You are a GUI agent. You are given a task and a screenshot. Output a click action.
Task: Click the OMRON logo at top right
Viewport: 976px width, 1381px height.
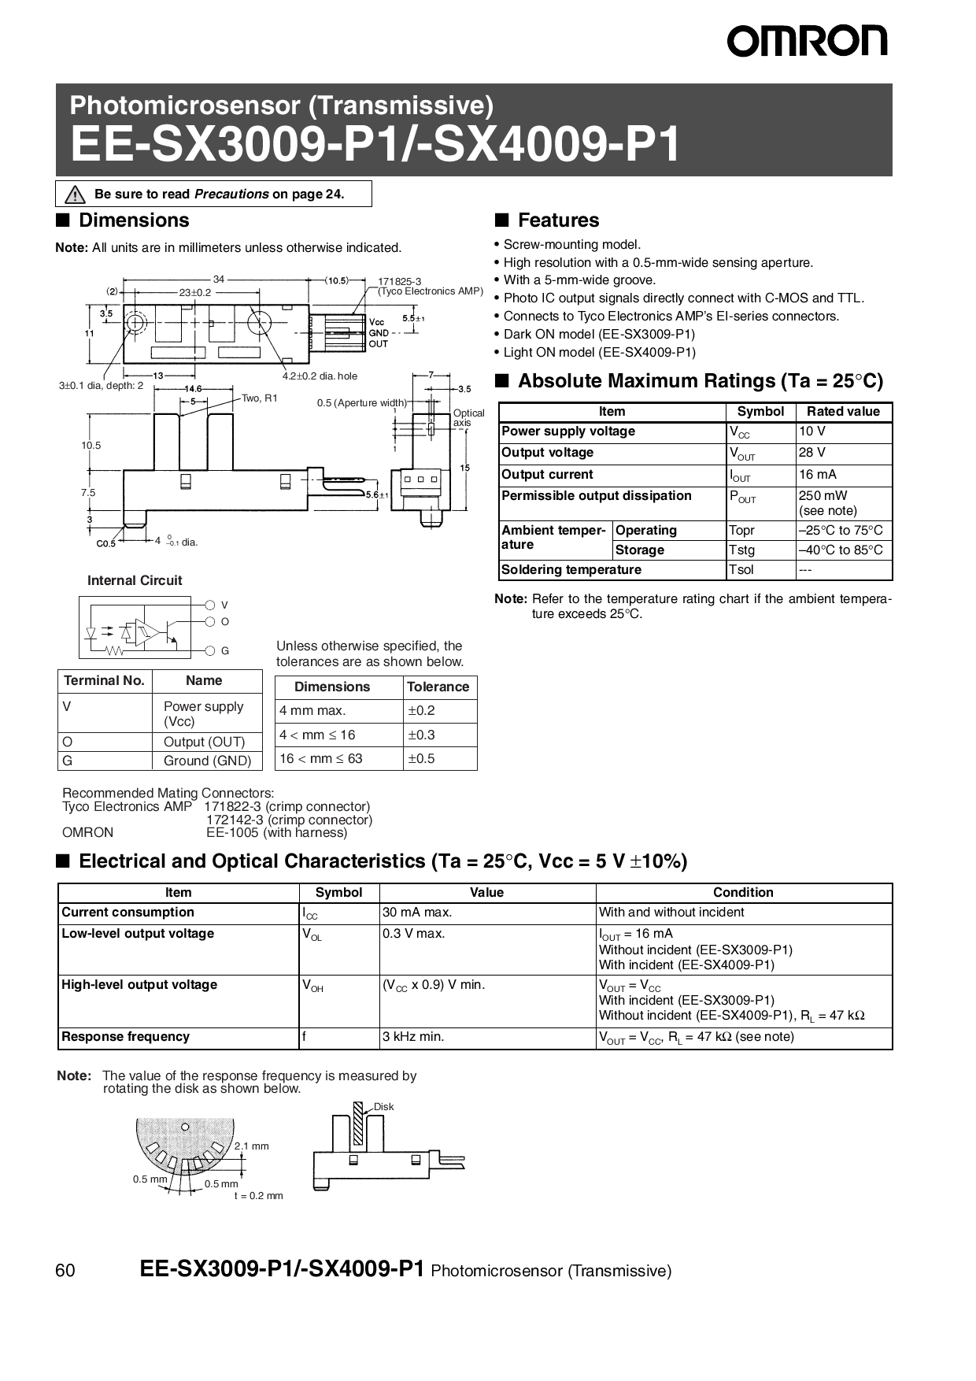(807, 40)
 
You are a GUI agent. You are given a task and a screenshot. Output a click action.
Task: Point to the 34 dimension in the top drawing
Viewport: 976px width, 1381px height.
(218, 279)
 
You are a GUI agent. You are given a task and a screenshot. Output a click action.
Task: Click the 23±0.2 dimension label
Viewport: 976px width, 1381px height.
(195, 292)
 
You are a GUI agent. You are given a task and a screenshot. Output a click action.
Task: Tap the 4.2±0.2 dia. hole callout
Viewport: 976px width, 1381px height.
(320, 376)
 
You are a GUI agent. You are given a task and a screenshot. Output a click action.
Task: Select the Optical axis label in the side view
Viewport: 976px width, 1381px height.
(468, 417)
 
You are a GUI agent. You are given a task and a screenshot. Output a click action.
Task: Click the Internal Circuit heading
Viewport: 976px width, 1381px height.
(135, 580)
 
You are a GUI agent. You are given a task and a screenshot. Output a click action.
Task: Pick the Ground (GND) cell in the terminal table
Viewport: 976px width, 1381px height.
(207, 761)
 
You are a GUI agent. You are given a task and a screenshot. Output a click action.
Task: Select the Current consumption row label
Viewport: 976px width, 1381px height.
(128, 912)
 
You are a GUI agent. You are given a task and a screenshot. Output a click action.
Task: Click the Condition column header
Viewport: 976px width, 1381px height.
(742, 892)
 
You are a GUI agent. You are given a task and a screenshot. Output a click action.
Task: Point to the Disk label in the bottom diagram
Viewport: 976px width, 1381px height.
(383, 1106)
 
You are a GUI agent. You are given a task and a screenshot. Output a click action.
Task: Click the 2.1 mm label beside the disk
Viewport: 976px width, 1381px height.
(252, 1146)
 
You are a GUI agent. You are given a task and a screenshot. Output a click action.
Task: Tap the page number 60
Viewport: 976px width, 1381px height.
(65, 1271)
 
